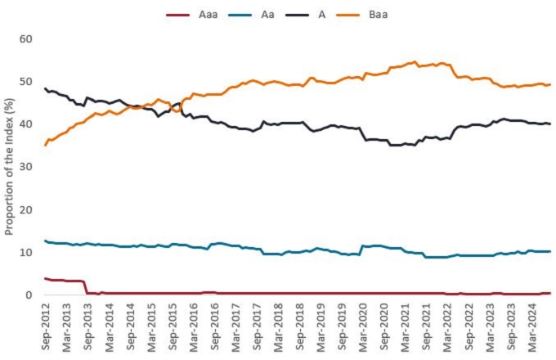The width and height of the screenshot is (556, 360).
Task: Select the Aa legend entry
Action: (266, 14)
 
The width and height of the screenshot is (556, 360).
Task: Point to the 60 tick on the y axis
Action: (25, 39)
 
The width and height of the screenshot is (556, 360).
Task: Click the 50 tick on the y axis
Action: (25, 82)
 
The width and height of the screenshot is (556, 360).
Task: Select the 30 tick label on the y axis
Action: (25, 167)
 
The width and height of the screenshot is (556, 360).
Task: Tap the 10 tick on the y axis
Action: (25, 253)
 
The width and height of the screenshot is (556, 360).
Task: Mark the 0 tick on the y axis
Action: (29, 295)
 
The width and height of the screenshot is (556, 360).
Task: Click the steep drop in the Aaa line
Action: (86, 286)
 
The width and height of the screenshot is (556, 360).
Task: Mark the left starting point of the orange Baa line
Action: (45, 145)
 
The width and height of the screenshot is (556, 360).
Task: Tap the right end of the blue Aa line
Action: (550, 251)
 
